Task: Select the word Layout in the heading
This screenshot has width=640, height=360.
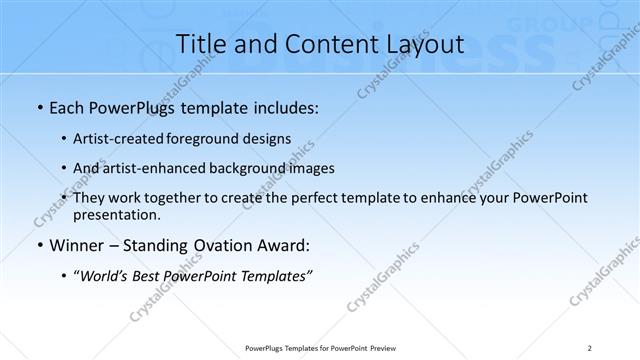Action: [418, 45]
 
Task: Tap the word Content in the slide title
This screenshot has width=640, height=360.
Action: [318, 45]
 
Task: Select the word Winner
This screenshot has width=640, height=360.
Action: [78, 245]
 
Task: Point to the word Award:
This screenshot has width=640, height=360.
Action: [289, 245]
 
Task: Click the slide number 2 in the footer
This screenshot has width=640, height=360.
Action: [589, 347]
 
